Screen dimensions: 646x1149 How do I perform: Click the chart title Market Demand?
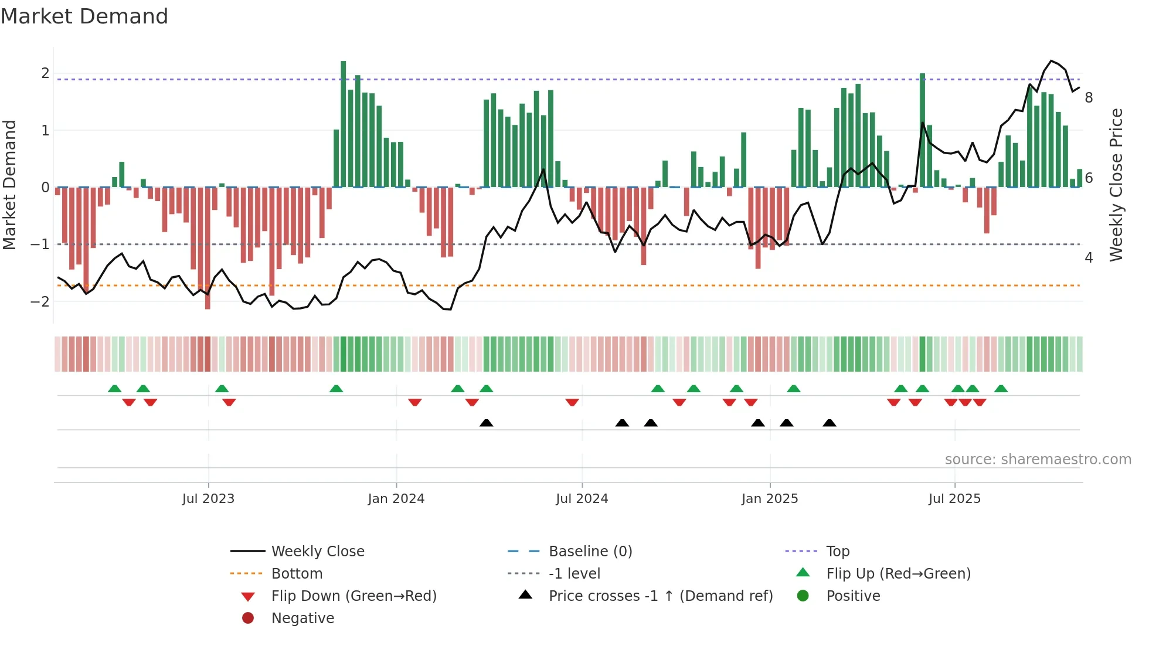pyautogui.click(x=84, y=16)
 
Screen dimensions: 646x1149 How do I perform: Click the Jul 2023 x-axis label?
pyautogui.click(x=208, y=499)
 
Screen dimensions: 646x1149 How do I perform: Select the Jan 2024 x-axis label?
pyautogui.click(x=396, y=499)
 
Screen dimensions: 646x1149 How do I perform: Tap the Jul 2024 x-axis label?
pyautogui.click(x=582, y=499)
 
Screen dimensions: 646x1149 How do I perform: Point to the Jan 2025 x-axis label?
pyautogui.click(x=769, y=499)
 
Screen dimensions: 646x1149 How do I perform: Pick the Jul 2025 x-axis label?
pyautogui.click(x=954, y=499)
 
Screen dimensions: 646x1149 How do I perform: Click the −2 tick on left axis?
pyautogui.click(x=40, y=302)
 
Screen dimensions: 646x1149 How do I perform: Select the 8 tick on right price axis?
pyautogui.click(x=1089, y=98)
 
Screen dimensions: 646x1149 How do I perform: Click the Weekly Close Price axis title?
pyautogui.click(x=1116, y=185)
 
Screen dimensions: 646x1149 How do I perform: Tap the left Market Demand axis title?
pyautogui.click(x=10, y=185)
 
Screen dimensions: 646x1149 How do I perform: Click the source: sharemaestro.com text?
pyautogui.click(x=1038, y=460)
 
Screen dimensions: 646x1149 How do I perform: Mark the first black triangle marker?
pyautogui.click(x=486, y=423)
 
